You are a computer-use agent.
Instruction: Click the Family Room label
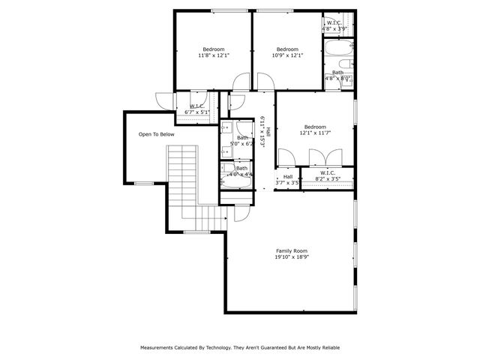(292, 250)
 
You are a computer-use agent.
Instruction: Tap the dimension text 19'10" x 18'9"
(292, 256)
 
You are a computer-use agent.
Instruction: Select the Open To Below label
(156, 134)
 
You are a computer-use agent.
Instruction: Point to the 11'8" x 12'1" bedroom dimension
(213, 55)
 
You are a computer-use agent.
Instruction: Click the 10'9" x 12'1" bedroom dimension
(286, 55)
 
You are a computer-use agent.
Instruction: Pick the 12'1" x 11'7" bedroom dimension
(315, 133)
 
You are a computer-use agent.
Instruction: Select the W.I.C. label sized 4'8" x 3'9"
(334, 22)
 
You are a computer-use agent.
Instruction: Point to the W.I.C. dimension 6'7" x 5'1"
(199, 112)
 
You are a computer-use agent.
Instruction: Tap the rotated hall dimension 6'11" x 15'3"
(263, 131)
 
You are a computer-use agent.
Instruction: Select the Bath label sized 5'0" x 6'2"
(242, 137)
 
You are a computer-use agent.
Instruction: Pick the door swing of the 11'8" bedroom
(241, 81)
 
